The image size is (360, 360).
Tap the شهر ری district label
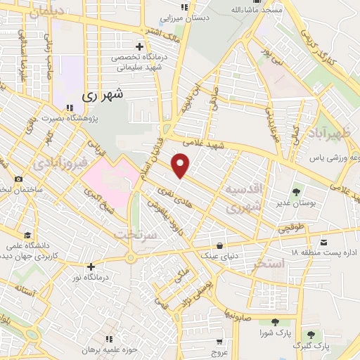(103, 94)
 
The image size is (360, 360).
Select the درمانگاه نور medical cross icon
(91, 266)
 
